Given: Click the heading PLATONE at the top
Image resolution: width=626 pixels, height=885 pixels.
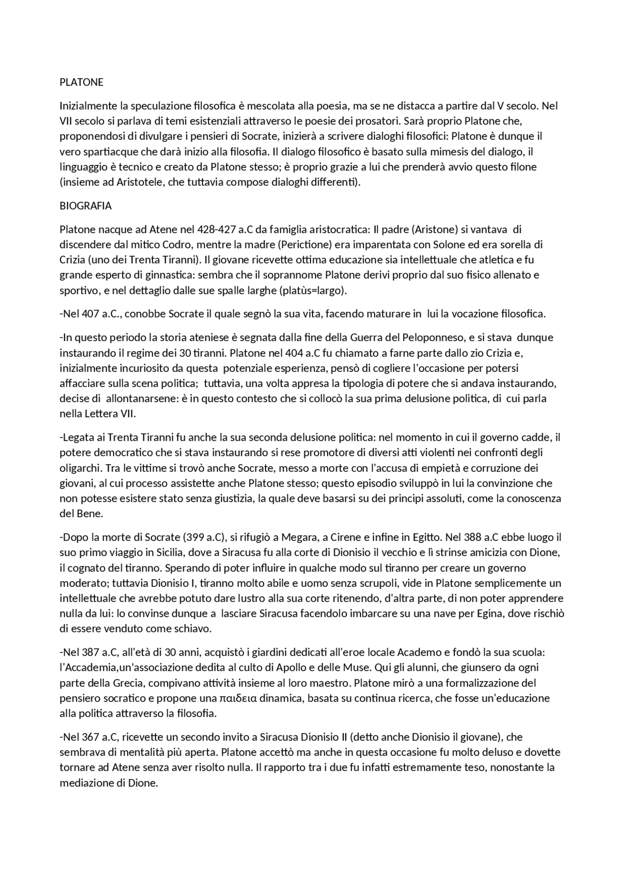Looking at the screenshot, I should point(81,82).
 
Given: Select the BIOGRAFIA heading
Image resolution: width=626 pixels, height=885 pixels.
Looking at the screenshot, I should point(86,206).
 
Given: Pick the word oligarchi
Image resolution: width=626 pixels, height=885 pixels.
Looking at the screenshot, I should point(80,468).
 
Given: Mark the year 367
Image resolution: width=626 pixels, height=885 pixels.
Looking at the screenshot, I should point(91,736).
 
